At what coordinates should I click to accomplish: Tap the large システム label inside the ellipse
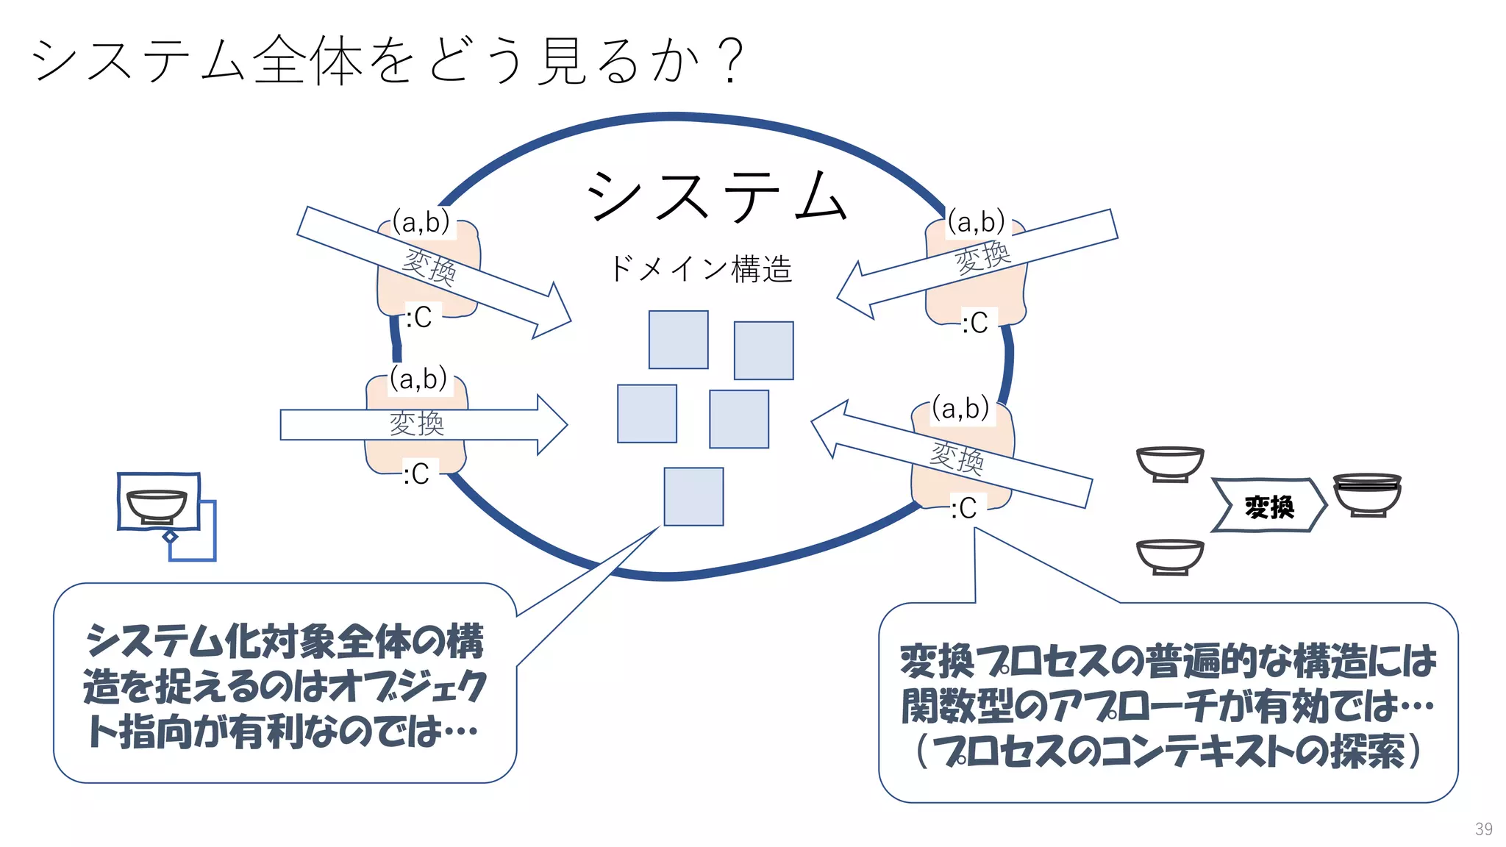point(717,197)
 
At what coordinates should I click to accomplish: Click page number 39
point(1483,829)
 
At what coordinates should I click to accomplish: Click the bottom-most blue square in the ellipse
point(693,497)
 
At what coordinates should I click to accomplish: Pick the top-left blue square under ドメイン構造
point(678,340)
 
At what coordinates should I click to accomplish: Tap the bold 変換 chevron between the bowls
point(1268,506)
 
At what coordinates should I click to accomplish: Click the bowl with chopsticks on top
point(1367,495)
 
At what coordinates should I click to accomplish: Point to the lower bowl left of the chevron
point(1170,557)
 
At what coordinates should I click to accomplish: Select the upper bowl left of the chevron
point(1170,464)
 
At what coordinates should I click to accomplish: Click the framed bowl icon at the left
point(158,501)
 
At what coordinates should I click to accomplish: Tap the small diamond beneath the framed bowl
point(170,537)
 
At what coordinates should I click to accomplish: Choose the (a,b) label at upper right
point(976,222)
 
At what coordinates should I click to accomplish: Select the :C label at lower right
point(964,508)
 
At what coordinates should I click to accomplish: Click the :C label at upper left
point(420,318)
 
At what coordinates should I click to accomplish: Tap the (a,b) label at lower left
point(418,379)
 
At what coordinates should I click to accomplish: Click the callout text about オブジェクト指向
point(285,685)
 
